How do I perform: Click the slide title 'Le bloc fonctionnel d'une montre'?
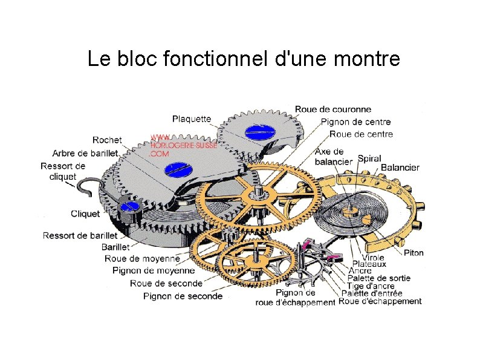[244, 59]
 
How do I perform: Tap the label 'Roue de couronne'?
[332, 110]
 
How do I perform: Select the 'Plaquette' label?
[192, 119]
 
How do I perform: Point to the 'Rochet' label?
[107, 140]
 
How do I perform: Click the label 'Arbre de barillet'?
[85, 153]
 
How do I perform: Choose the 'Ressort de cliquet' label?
[63, 171]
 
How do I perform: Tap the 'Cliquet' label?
[85, 214]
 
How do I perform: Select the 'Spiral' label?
[369, 159]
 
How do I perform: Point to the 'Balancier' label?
[400, 168]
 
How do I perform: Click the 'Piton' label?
[414, 253]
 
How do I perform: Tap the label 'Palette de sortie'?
[383, 278]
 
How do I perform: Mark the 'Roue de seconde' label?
[166, 283]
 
